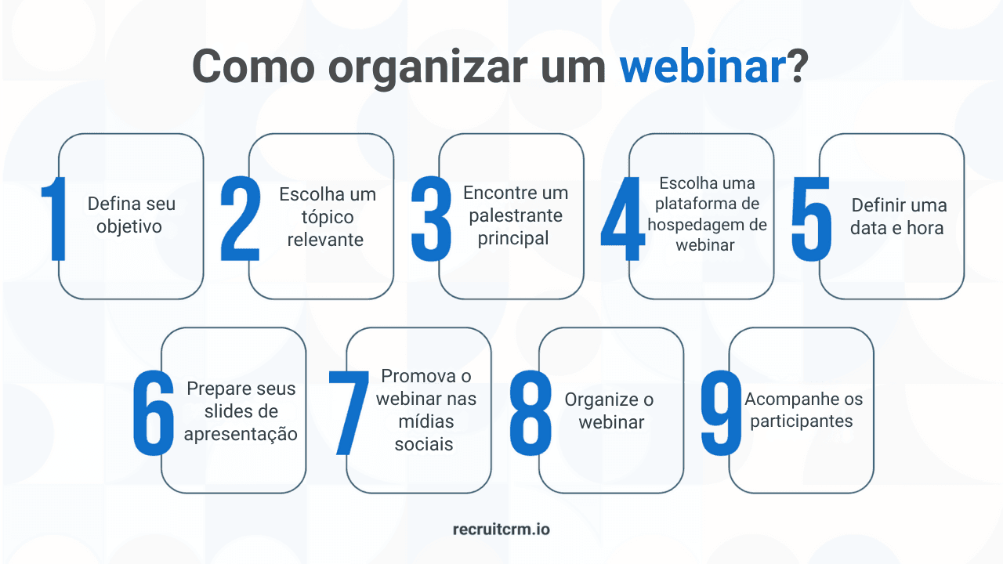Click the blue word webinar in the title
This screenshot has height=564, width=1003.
coord(702,67)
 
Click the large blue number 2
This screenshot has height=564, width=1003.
coord(240,219)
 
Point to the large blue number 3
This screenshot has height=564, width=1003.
coord(431,219)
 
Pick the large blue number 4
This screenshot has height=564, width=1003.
coord(622,219)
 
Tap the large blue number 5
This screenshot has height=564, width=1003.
coord(811,219)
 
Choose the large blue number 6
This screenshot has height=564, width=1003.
coord(154,413)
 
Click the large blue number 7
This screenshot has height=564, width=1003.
coord(348,413)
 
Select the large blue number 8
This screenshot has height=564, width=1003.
coord(530,413)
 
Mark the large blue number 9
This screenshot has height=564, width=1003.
coord(721,413)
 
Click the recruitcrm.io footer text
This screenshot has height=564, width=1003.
coord(501,530)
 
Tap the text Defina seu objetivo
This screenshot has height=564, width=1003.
coord(131,215)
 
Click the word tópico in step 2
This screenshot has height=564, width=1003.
coord(327,217)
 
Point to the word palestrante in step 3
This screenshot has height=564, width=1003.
coord(515,215)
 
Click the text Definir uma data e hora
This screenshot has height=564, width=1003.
coord(898,217)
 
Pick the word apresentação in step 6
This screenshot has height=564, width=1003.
coord(241,434)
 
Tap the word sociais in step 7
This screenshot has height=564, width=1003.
coord(425,444)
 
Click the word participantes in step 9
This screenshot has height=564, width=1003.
coord(801,421)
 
